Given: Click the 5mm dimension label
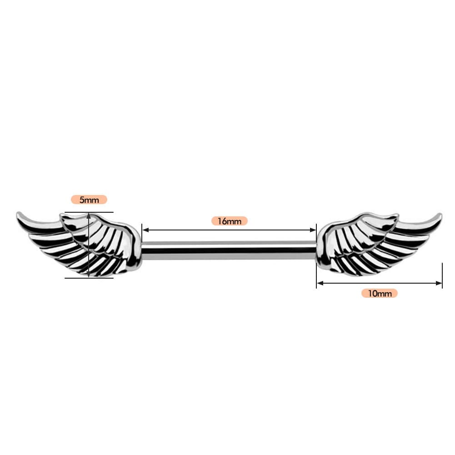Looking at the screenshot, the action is coord(89,200).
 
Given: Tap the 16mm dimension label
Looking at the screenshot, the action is coord(229,221).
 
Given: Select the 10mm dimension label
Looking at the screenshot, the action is coord(380,293).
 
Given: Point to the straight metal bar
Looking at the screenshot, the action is coord(229,250).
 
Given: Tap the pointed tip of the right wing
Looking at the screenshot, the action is coord(440,215).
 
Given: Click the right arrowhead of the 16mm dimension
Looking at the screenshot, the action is coord(313,230).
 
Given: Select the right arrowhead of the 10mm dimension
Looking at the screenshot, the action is coord(439,283).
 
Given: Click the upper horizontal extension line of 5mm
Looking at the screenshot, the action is coord(89,212).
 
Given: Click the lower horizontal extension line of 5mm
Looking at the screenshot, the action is coord(89,278).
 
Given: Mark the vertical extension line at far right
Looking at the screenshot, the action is coord(442,275).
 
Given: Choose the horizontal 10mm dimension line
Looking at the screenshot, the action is coord(380,283).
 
